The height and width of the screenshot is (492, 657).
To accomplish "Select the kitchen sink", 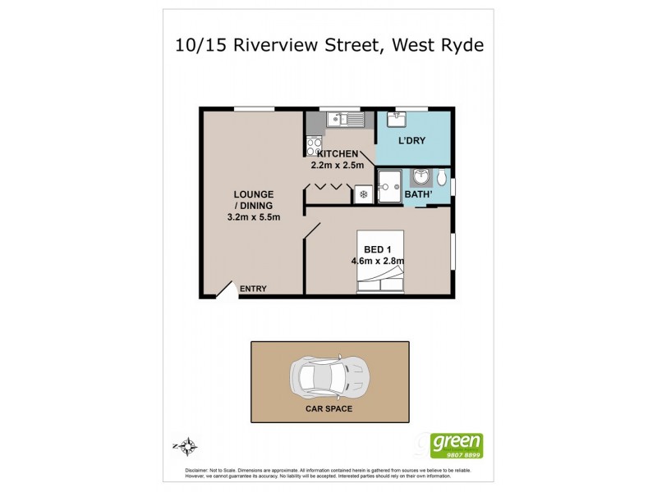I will (345, 121).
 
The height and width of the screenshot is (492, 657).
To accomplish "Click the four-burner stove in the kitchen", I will (314, 147).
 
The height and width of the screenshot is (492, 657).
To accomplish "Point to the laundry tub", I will (398, 120).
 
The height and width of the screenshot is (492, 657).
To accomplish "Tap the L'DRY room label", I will (411, 142).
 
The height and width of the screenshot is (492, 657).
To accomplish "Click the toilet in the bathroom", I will (442, 177).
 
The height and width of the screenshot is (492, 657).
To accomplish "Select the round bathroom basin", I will (422, 176).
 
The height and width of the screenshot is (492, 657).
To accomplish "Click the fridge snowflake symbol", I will (363, 194).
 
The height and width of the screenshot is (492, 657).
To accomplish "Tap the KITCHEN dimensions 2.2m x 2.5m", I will (333, 165).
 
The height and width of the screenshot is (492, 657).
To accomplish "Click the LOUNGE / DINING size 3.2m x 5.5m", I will (254, 217).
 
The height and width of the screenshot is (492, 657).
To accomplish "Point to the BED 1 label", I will (379, 249).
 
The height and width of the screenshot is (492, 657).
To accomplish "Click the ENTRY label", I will (254, 288).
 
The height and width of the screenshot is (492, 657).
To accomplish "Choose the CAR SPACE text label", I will (329, 408).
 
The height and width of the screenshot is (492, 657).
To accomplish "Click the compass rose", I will (187, 447).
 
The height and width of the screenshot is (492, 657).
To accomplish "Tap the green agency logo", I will (457, 445).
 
